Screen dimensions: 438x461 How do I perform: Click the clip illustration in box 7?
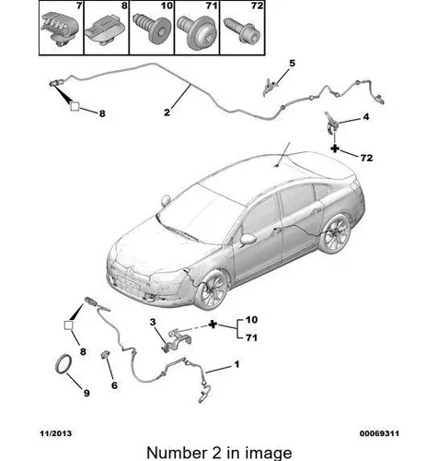60,29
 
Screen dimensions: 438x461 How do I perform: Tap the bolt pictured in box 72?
242,30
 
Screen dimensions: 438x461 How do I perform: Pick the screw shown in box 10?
152,30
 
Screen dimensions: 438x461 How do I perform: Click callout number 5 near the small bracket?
292,64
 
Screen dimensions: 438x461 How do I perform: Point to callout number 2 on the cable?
167,112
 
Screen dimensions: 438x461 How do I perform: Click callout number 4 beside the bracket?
366,117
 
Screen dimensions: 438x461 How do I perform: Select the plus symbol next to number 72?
335,148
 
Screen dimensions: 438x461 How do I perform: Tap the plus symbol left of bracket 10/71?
213,325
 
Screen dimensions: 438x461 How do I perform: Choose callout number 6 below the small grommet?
114,385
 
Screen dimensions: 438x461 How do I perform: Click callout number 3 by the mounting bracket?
153,322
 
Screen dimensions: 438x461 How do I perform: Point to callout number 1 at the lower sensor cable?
236,364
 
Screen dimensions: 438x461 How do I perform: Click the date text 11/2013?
56,433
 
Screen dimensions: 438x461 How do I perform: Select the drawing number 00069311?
379,433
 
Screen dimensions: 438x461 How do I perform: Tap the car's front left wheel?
213,290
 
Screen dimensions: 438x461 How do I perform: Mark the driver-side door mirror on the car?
248,239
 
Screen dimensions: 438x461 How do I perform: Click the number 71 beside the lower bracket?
251,337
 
